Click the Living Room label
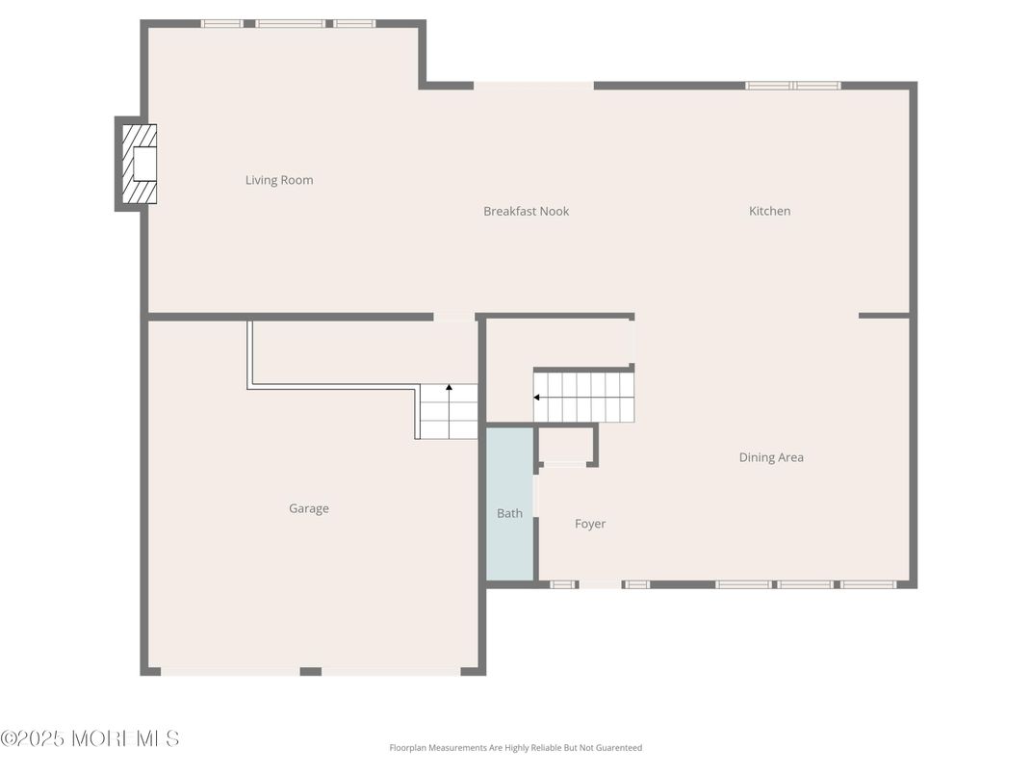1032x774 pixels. click(279, 180)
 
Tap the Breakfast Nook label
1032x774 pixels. click(526, 211)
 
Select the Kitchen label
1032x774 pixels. click(769, 211)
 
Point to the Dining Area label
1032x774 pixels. click(770, 457)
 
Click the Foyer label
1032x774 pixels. click(590, 524)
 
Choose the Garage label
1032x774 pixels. click(309, 508)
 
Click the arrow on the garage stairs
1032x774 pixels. click(449, 389)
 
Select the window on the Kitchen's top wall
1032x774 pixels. click(793, 86)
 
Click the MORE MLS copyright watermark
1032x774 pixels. click(90, 738)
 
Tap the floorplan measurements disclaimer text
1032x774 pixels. click(515, 748)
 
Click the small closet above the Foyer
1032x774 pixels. click(565, 446)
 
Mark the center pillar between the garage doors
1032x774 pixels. click(310, 671)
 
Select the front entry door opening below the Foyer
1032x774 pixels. click(600, 583)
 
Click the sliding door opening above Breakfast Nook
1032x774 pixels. click(533, 86)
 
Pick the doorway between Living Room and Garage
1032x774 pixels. click(453, 316)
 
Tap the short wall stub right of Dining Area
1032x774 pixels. click(884, 315)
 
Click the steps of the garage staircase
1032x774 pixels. click(449, 412)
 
